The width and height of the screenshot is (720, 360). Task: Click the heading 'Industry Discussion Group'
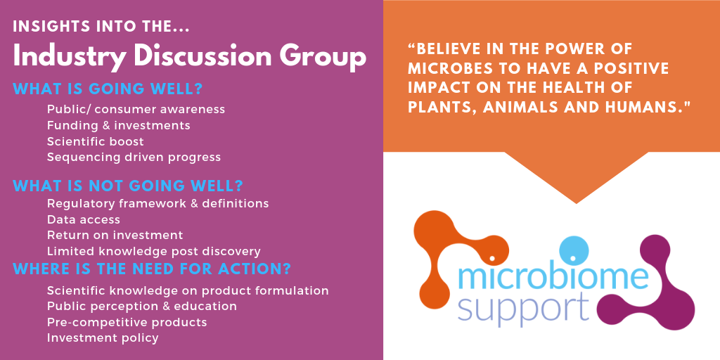(189, 58)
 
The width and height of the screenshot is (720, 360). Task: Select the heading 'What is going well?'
(108, 89)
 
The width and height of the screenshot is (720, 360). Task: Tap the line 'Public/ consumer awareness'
(136, 109)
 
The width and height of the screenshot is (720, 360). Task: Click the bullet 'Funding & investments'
(118, 125)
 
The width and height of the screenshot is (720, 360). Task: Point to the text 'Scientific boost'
(95, 141)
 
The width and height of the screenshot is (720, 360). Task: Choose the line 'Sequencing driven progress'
(134, 157)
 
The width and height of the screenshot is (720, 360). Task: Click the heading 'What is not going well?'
(128, 186)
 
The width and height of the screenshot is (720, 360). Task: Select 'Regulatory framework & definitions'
(158, 203)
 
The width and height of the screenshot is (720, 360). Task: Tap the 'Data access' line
(84, 219)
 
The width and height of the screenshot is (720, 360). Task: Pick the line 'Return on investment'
(115, 235)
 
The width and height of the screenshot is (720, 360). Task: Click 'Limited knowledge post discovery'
(154, 252)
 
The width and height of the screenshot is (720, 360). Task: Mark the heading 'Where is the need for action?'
(152, 269)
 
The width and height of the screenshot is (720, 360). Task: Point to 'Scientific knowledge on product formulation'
(188, 291)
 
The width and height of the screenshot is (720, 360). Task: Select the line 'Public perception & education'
(142, 307)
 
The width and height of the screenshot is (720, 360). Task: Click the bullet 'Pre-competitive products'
(127, 322)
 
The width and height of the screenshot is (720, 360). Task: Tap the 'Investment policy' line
(103, 338)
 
